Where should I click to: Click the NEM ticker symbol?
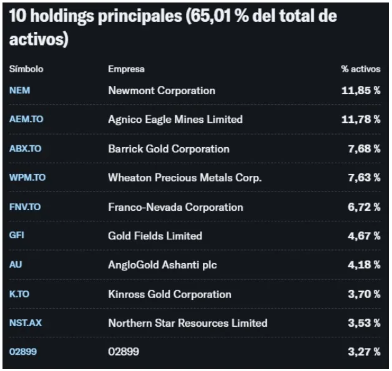20,90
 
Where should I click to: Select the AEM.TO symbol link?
26,119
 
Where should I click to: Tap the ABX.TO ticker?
25,148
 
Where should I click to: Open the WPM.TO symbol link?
27,178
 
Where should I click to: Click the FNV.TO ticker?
25,207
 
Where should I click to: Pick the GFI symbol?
17,235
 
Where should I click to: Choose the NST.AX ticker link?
26,323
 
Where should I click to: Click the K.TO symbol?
19,294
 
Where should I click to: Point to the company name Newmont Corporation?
162,90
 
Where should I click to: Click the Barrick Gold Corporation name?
169,149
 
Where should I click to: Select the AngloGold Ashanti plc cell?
162,265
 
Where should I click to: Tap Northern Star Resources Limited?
188,323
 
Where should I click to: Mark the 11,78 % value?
361,119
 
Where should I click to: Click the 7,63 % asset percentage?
365,178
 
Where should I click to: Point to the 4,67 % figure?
365,236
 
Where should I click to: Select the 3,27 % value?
365,352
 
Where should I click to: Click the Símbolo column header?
26,69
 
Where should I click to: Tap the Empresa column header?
126,69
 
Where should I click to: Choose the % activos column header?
361,69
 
